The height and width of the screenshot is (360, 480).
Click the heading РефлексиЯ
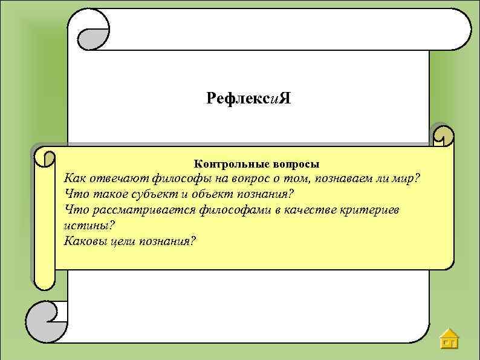tap(248, 98)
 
